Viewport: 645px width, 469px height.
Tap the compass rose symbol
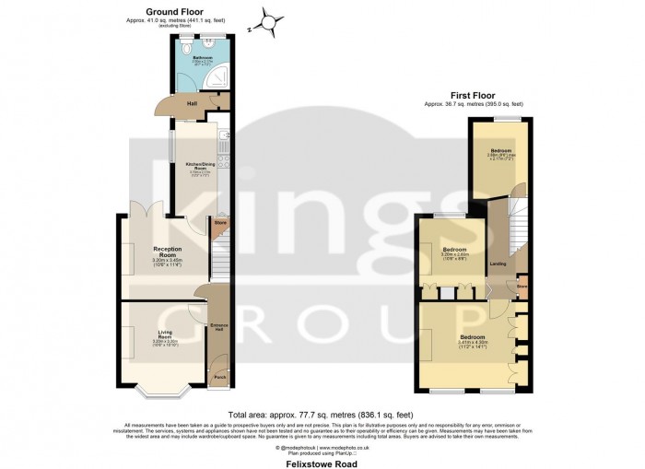[x=267, y=19]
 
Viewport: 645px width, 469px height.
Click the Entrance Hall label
[x=219, y=329]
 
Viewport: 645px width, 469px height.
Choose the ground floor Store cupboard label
[x=220, y=223]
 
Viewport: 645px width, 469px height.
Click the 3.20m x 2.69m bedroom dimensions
[x=454, y=256]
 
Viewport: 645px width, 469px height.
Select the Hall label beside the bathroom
[x=193, y=103]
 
